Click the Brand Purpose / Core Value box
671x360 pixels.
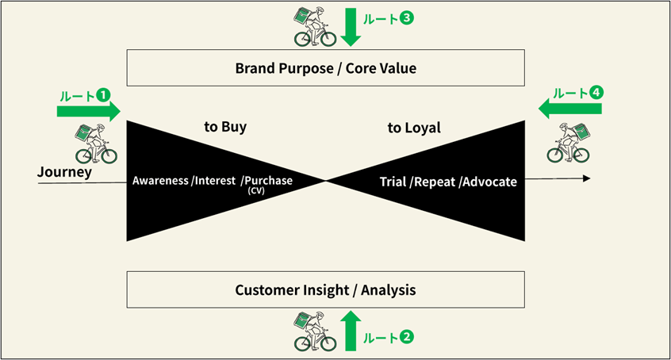point(325,68)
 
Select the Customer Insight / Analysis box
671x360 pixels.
point(325,290)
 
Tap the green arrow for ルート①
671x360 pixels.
point(89,109)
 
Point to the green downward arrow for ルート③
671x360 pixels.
point(351,27)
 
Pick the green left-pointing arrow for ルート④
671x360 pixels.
point(569,107)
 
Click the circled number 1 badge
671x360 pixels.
point(103,94)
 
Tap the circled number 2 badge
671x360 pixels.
point(407,337)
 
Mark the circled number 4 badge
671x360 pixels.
point(596,92)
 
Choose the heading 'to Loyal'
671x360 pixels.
point(414,127)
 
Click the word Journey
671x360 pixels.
point(64,172)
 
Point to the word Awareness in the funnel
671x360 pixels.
point(160,181)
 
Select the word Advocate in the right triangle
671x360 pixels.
point(489,182)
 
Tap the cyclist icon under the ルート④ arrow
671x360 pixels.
point(569,143)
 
